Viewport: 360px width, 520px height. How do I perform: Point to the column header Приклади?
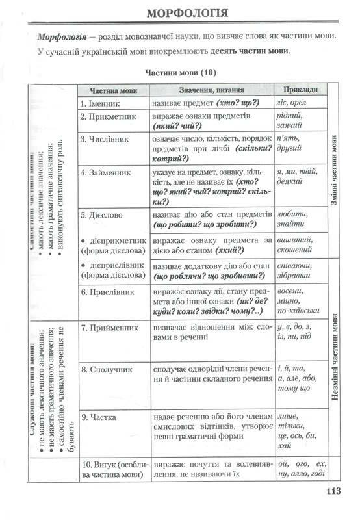pos(301,90)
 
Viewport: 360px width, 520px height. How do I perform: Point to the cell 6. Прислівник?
pos(109,292)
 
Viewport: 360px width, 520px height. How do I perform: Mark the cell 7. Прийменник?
pos(111,327)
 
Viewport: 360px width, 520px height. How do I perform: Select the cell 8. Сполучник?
pos(108,369)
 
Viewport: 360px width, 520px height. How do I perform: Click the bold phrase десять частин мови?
pos(245,51)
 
